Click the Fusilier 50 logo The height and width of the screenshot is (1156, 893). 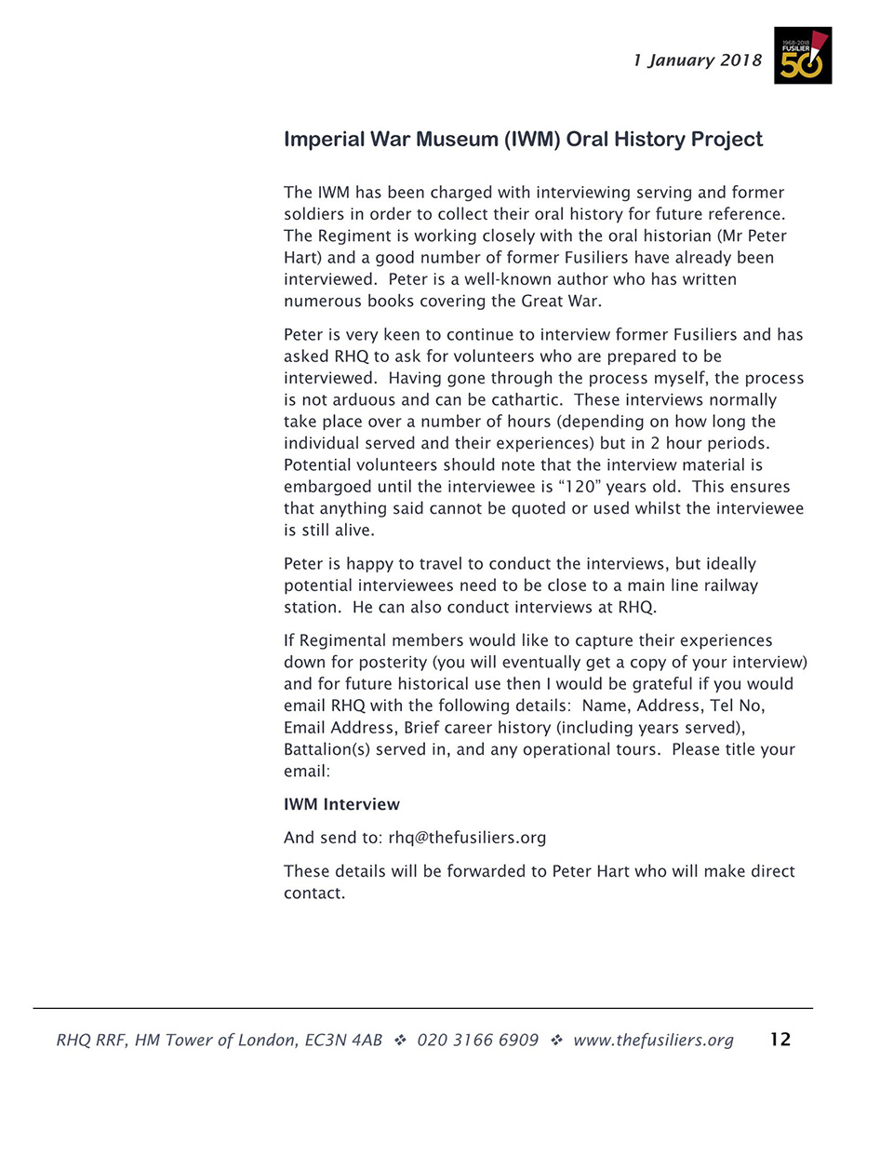coord(802,56)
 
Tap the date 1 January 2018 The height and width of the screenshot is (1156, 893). coord(697,60)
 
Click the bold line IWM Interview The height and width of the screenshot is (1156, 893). coord(341,805)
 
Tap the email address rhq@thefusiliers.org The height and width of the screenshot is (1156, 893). coord(467,838)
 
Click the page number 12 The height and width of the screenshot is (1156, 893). coord(780,1040)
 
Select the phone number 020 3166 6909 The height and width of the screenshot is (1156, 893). coord(477,1041)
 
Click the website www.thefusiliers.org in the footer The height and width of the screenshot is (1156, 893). coord(653,1041)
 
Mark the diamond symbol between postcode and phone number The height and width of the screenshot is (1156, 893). coord(400,1041)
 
